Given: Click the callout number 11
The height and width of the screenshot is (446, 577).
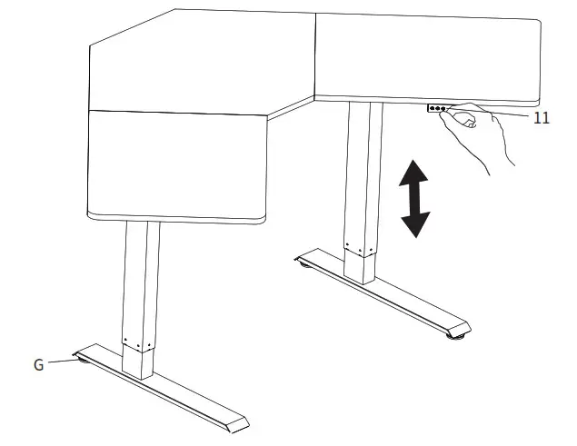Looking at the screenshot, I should pos(541,118).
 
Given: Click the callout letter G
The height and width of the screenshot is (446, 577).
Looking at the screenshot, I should pos(38,365).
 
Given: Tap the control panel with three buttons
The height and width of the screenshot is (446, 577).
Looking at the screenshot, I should pos(437,108).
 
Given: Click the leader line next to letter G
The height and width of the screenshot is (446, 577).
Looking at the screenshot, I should pos(60,362).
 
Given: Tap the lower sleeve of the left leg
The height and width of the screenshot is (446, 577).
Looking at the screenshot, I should pos(139,359).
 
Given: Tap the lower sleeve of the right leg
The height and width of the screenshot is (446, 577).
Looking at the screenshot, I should pos(360,263).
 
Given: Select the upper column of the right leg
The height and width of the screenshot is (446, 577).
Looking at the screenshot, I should pos(361,173).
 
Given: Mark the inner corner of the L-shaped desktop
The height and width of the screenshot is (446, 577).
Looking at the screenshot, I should pos(313,97).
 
